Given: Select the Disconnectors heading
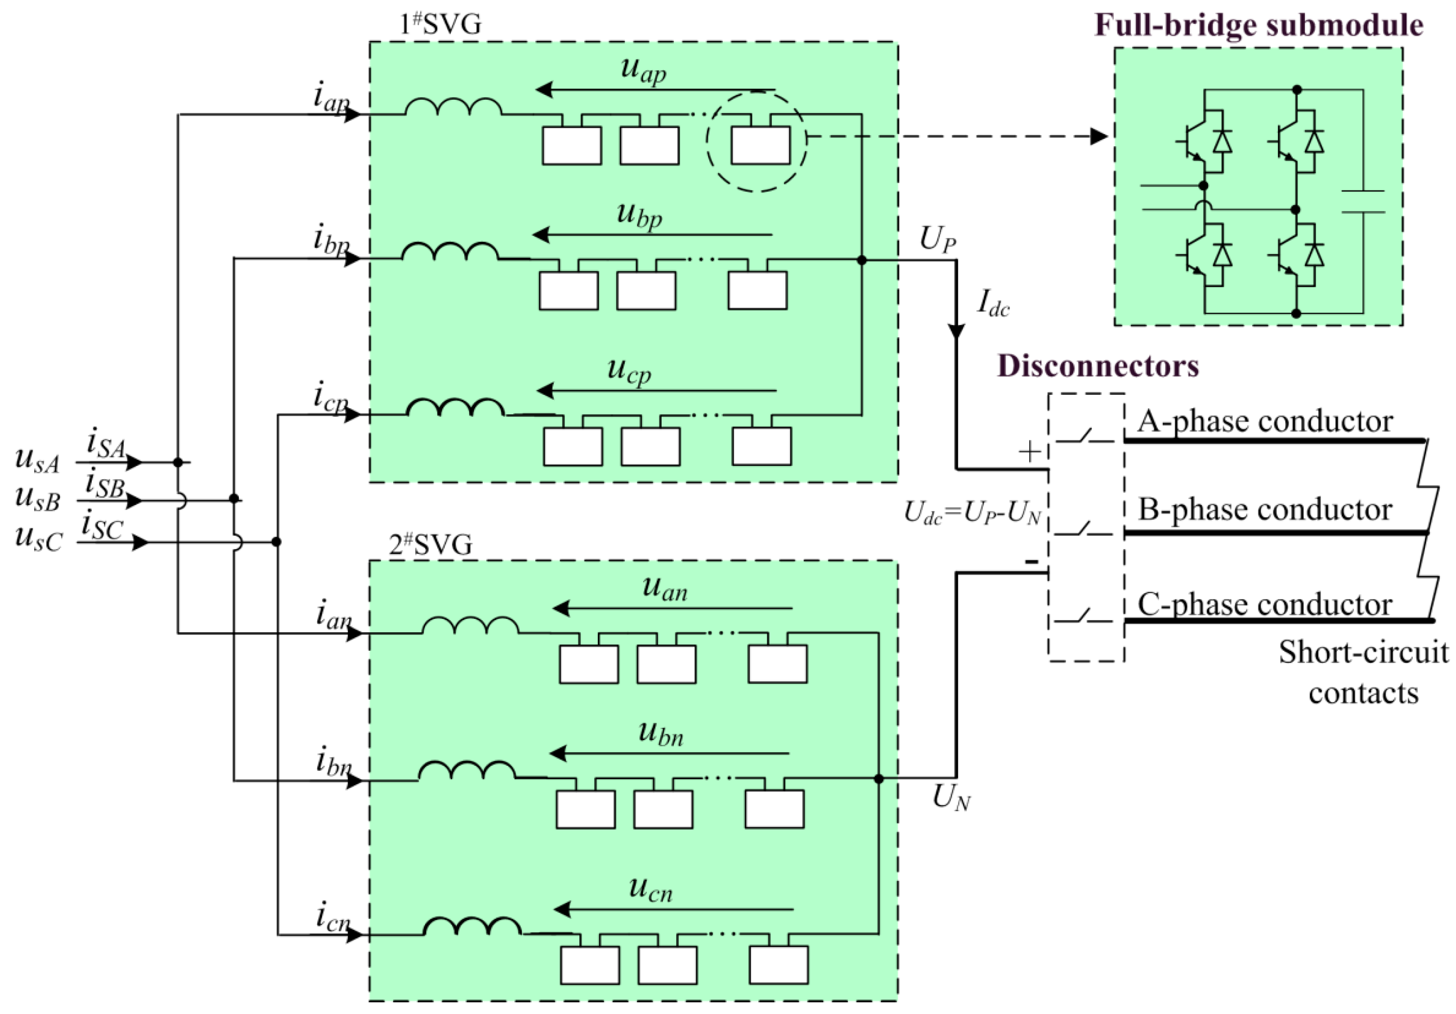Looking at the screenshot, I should tap(1098, 366).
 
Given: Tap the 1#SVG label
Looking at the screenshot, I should tap(440, 24).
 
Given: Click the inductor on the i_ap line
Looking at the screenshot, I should tap(453, 108).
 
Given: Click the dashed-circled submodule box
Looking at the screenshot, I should tap(760, 145).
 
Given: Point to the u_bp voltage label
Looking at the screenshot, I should tap(639, 215).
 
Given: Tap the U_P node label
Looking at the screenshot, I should tap(937, 240).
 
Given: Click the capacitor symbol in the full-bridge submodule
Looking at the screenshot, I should tap(1363, 201).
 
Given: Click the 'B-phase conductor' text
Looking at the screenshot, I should tap(1264, 510).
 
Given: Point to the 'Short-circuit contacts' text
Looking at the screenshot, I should tap(1363, 672).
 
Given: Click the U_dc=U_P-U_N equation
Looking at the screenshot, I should tap(972, 512).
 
